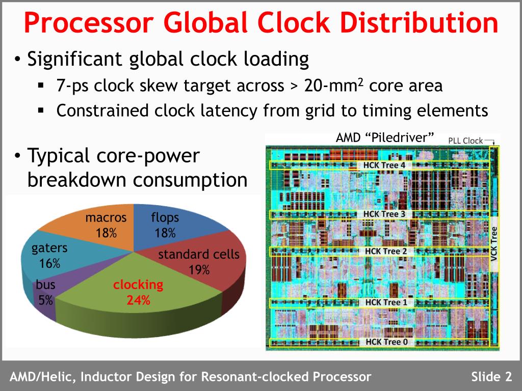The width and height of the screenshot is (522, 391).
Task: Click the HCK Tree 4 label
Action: (x=384, y=165)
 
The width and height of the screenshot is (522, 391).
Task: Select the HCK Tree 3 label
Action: (x=384, y=214)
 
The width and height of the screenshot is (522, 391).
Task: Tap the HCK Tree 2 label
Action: (x=386, y=251)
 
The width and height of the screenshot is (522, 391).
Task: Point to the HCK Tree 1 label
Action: (x=386, y=302)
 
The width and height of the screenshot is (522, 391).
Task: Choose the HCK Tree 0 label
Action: (x=386, y=342)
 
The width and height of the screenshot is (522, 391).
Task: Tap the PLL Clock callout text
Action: (x=465, y=141)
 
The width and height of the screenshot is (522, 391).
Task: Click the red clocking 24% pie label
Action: (x=138, y=292)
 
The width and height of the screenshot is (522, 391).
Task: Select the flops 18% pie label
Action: (x=165, y=225)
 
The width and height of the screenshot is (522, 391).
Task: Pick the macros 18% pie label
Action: (x=106, y=225)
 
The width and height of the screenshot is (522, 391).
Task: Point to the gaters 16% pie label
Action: (x=49, y=256)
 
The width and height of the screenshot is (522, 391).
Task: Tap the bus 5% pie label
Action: (x=46, y=292)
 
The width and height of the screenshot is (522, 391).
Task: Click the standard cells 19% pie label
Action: (x=199, y=261)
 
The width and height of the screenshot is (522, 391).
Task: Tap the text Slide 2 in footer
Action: (x=491, y=377)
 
